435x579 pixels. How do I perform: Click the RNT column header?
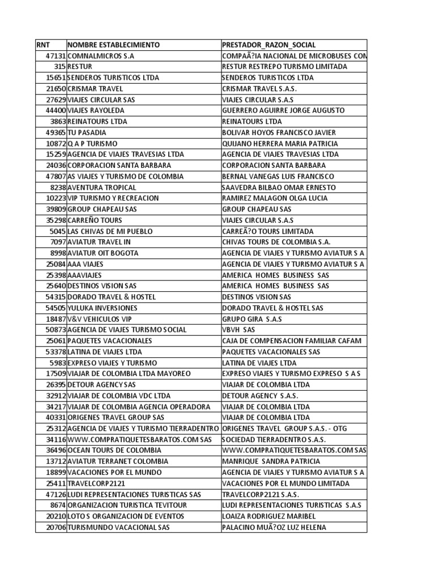click(43, 45)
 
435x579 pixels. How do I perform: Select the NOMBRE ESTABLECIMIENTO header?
click(113, 45)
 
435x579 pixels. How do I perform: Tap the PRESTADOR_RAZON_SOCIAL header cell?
click(268, 45)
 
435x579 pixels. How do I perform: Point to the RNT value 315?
click(61, 67)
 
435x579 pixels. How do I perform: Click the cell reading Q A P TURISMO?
click(93, 144)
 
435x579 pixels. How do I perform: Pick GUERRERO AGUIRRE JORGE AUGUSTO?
click(283, 111)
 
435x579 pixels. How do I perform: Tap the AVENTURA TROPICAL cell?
click(101, 187)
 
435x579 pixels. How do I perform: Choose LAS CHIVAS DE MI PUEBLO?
click(110, 231)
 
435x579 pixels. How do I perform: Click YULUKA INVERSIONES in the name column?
click(102, 308)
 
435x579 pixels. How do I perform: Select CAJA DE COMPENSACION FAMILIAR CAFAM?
click(291, 341)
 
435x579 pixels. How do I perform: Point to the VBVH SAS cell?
click(238, 330)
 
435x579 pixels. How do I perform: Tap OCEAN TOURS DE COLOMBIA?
click(114, 451)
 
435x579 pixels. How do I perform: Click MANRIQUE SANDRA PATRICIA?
click(271, 461)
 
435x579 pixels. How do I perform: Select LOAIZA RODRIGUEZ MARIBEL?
click(268, 516)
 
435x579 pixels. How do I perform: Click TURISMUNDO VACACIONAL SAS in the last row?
click(118, 528)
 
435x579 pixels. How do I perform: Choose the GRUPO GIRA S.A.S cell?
click(251, 319)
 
